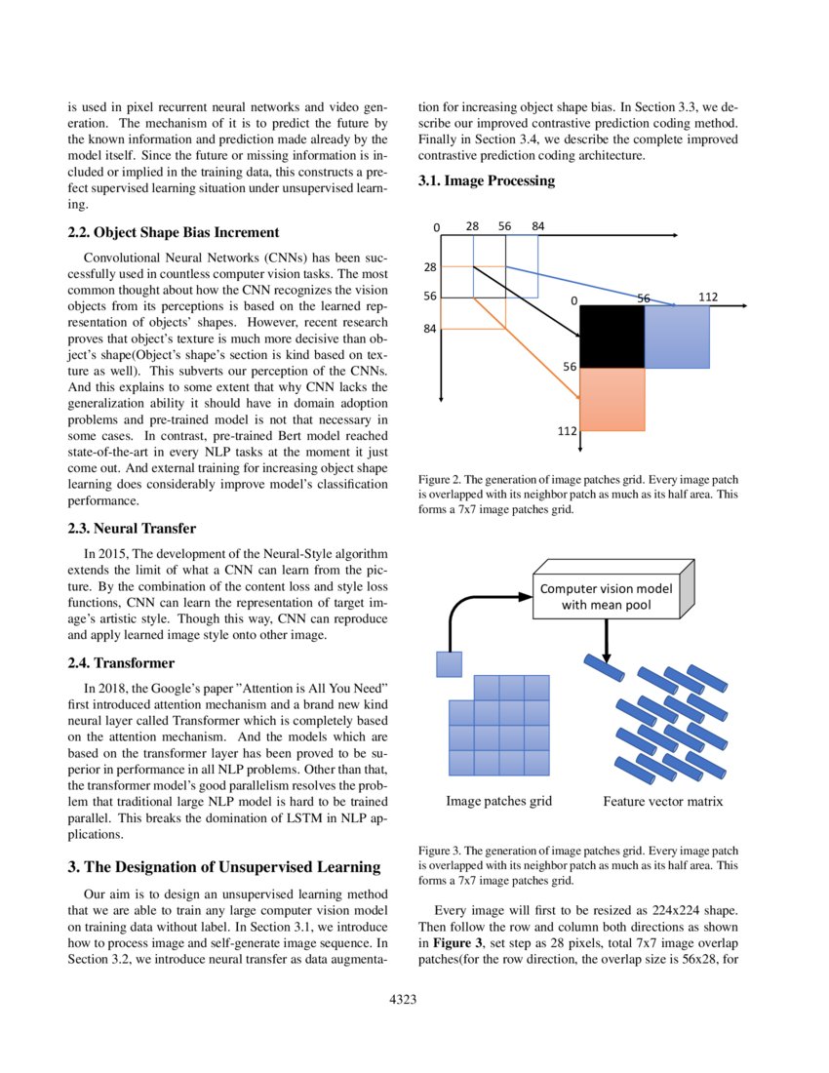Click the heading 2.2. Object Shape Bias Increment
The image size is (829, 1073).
point(174,232)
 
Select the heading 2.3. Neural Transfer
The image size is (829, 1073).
point(134,529)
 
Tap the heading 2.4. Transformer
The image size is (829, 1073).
point(121,663)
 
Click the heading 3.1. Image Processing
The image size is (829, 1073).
point(487,180)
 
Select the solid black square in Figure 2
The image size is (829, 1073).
point(612,337)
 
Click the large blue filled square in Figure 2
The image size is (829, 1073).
point(676,337)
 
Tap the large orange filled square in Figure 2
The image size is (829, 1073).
point(612,398)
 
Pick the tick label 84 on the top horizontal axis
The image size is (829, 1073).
point(537,226)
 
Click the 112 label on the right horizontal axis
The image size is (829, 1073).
point(708,297)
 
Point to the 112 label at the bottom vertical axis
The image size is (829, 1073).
point(567,430)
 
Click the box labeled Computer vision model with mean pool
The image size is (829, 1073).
point(606,597)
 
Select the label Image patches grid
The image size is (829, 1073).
point(498,801)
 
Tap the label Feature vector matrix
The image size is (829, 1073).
point(662,802)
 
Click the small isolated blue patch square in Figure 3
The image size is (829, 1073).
point(449,664)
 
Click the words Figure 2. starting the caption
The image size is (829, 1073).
point(439,480)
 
